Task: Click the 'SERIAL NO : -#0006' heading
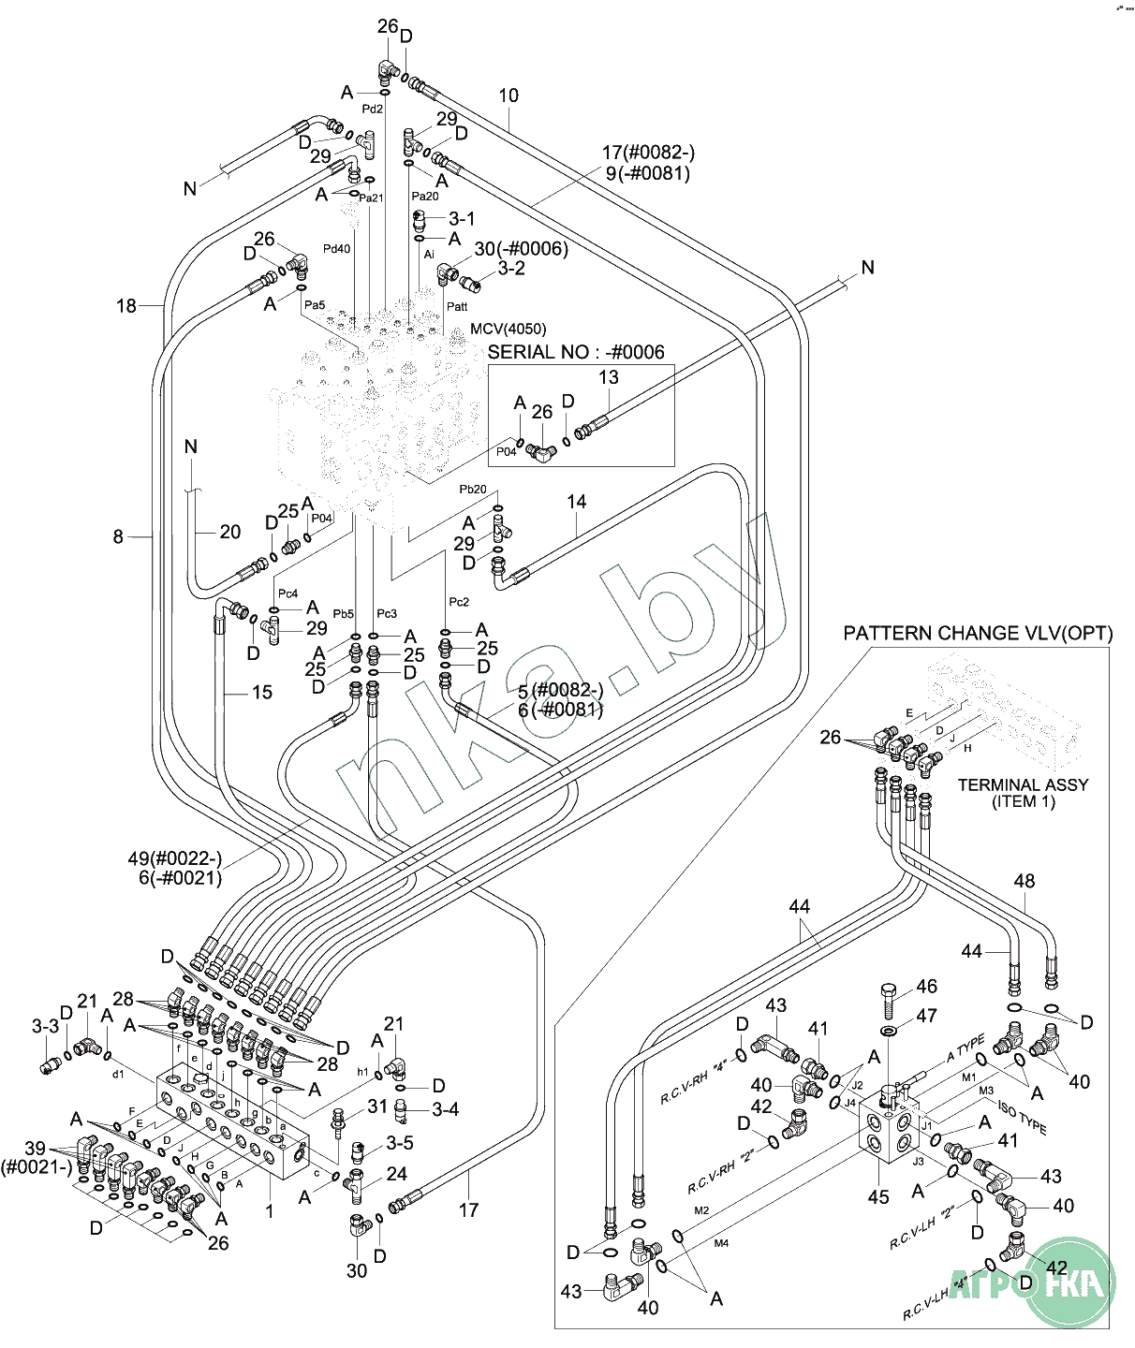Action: click(x=576, y=352)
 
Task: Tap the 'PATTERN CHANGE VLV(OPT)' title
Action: click(x=978, y=633)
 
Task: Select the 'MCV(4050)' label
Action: click(x=508, y=329)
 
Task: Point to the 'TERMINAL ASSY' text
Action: click(x=1023, y=784)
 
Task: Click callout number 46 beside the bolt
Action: click(x=926, y=986)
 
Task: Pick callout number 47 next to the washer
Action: click(x=926, y=1015)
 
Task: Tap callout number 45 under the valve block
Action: click(x=878, y=1196)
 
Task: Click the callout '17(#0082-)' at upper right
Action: click(x=648, y=153)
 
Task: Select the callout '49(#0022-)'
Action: click(x=175, y=858)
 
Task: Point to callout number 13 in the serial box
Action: click(x=609, y=377)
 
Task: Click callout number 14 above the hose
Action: click(x=577, y=502)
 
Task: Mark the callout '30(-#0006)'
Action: click(x=521, y=248)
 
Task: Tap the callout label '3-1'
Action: click(x=462, y=218)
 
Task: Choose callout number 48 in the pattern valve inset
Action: click(x=1024, y=880)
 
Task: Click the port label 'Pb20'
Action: click(x=473, y=490)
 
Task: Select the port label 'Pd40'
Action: click(x=337, y=249)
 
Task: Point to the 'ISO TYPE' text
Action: click(x=1022, y=1117)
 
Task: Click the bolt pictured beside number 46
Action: click(x=889, y=1000)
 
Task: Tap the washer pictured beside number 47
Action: click(x=889, y=1032)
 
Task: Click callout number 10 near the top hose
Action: click(x=509, y=95)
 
